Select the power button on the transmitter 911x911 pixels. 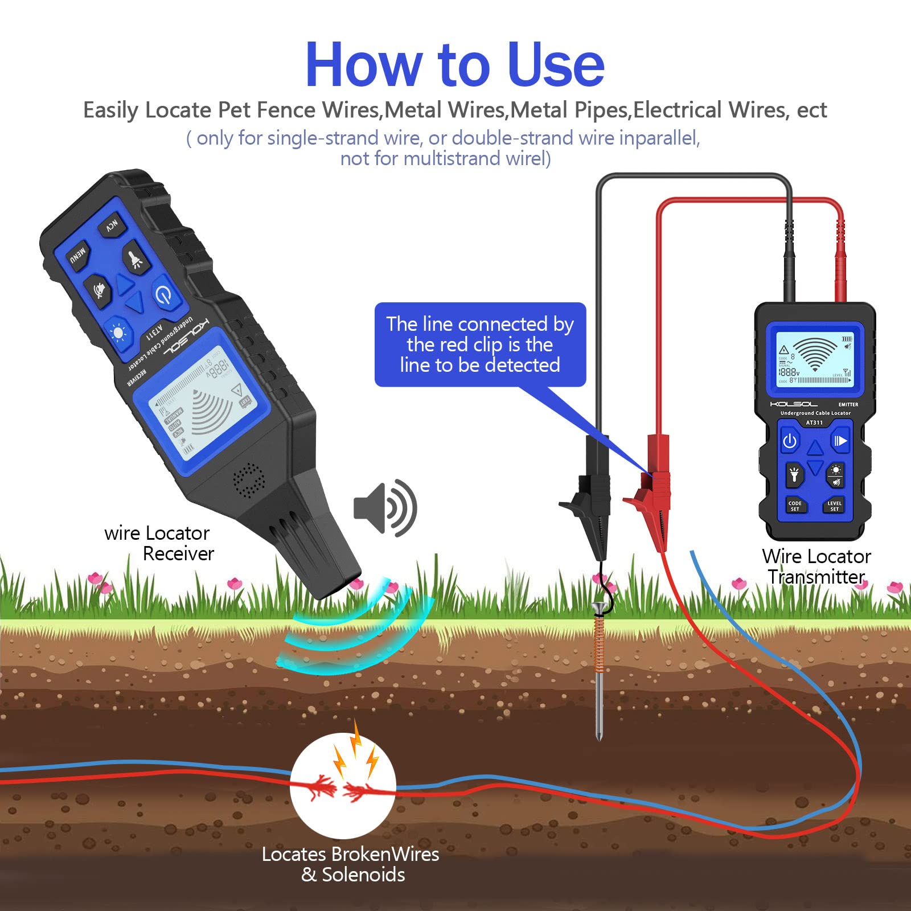click(790, 441)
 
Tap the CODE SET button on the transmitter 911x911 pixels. click(795, 505)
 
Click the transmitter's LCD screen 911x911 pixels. click(815, 360)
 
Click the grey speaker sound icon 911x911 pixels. click(385, 508)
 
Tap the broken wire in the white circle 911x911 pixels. click(342, 789)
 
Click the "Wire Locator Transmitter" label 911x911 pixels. click(816, 567)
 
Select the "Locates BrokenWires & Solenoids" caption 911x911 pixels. click(351, 864)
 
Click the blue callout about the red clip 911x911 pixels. click(480, 344)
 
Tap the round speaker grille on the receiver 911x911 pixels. click(249, 480)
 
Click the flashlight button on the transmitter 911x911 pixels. click(794, 474)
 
